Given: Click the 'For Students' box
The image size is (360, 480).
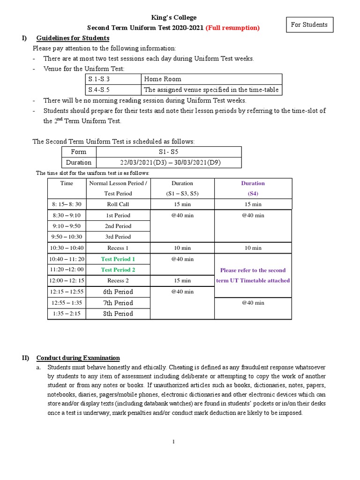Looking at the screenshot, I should tap(309, 25).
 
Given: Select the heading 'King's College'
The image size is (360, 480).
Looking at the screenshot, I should tap(173, 17).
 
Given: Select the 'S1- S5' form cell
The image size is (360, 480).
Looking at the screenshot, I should tap(169, 152).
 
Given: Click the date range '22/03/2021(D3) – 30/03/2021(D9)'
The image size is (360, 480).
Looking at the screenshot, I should tap(169, 163).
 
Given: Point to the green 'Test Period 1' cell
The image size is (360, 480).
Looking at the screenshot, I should tap(118, 259).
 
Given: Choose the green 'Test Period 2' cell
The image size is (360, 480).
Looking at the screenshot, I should tap(118, 270).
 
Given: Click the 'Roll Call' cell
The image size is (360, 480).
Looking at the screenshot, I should tap(118, 204).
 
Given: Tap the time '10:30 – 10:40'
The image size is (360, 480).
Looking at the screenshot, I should tap(67, 248).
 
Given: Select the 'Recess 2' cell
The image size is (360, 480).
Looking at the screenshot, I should tap(118, 281).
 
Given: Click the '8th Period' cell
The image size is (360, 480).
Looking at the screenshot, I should tap(118, 314).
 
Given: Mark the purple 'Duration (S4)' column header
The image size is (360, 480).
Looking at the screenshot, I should tap(253, 188).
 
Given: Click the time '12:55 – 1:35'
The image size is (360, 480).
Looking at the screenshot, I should tap(67, 303).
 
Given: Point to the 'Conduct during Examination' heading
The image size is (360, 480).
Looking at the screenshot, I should tap(78, 358).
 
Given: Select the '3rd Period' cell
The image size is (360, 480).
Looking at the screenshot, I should tap(118, 237).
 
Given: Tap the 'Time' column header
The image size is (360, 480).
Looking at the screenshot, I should tap(67, 183).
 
